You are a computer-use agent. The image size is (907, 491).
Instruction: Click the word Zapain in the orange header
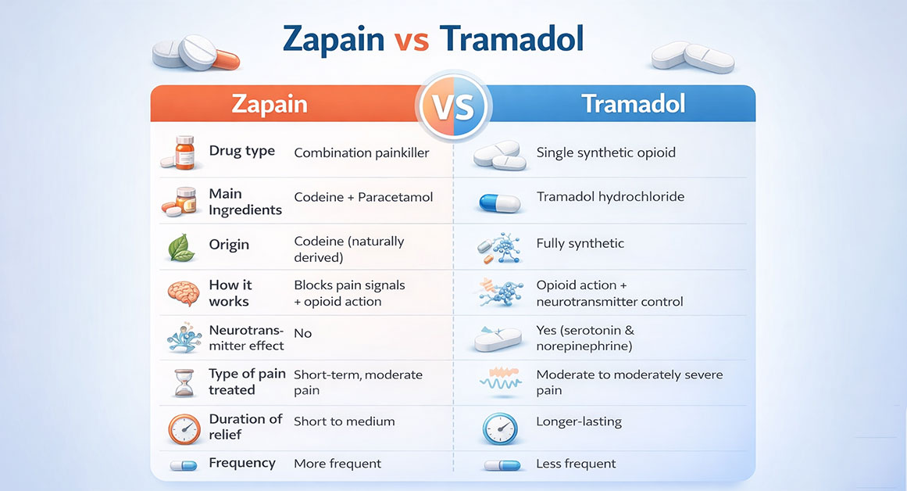[269, 104]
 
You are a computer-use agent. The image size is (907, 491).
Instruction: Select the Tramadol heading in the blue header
[633, 104]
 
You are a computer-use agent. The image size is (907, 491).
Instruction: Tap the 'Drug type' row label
[241, 151]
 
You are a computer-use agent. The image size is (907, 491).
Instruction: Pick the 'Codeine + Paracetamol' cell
[363, 198]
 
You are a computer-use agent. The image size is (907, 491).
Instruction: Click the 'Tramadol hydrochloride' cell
[610, 196]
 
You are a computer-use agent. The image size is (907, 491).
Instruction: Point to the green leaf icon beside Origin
[181, 248]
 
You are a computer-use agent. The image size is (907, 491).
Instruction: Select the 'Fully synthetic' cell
[580, 243]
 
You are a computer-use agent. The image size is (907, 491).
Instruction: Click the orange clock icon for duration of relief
[184, 428]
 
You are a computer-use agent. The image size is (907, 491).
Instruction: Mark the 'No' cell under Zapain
[302, 333]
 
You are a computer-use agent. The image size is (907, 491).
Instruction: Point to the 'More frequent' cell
[337, 464]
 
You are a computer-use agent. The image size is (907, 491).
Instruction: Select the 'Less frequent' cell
[576, 464]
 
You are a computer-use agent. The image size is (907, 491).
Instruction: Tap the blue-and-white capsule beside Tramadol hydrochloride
[498, 203]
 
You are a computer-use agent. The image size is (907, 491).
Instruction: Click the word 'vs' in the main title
[410, 39]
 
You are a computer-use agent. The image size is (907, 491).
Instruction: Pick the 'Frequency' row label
[241, 463]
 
